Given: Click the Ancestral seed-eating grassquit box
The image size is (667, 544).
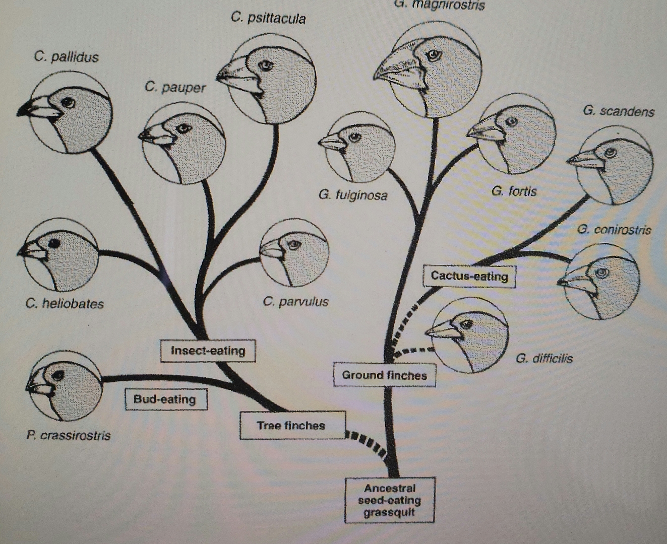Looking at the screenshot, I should click(x=390, y=500).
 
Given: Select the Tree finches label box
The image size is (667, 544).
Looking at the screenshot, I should click(x=292, y=426).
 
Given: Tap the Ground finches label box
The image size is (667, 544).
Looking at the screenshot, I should click(x=384, y=375).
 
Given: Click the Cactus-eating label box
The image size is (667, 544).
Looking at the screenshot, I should click(x=469, y=276).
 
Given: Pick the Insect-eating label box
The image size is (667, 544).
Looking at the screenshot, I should click(x=208, y=351).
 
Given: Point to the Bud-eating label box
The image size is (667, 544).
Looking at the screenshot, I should click(x=165, y=399).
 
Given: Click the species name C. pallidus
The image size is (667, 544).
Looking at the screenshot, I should click(x=66, y=56).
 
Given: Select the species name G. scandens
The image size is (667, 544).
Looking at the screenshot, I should click(x=618, y=111).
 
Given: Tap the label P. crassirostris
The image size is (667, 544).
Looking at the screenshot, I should click(x=69, y=435).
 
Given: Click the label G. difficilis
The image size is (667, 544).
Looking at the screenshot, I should click(x=544, y=359).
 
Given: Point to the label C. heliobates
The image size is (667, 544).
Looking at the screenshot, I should click(x=64, y=304).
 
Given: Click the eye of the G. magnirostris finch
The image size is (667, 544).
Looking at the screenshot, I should click(x=432, y=54).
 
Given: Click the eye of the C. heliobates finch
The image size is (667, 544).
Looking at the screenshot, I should click(x=55, y=243).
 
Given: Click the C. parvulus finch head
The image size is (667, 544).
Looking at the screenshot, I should click(x=294, y=251).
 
